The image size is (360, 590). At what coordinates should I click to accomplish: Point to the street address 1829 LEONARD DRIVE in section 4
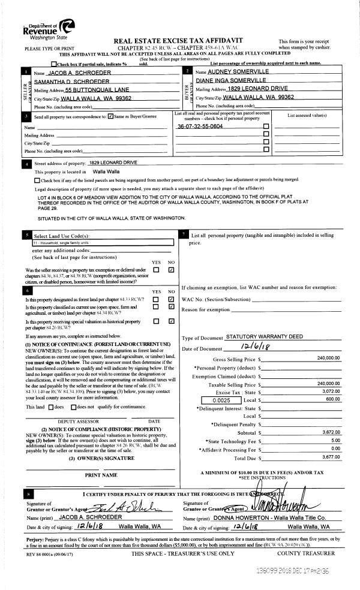click(113, 162)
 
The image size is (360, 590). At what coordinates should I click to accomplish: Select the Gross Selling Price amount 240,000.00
click(323, 359)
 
